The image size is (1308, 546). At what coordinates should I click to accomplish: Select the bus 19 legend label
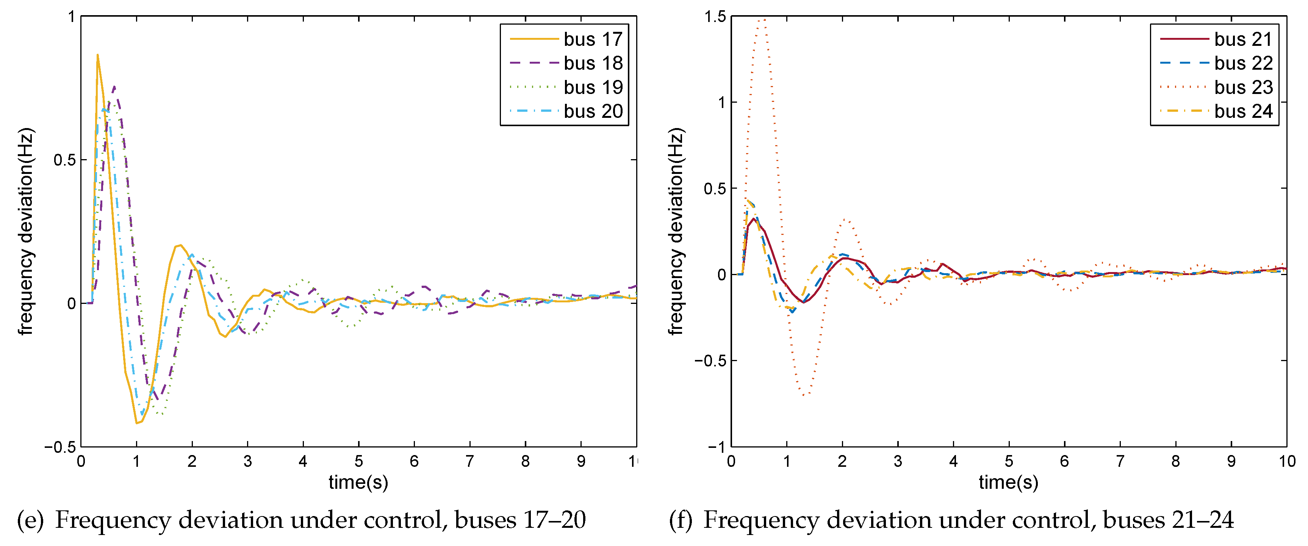[593, 88]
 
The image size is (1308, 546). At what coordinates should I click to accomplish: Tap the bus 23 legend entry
[1243, 88]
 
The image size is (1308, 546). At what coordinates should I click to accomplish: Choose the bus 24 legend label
[1243, 111]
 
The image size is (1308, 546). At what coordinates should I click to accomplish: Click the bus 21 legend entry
[1243, 39]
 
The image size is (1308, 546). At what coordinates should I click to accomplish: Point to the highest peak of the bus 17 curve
[97, 55]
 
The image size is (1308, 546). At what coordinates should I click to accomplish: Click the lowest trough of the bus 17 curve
[136, 422]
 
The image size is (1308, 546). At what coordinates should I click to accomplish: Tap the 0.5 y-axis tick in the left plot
[64, 160]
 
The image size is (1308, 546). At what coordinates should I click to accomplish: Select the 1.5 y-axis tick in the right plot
[715, 17]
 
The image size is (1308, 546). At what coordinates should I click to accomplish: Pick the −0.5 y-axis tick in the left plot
[60, 447]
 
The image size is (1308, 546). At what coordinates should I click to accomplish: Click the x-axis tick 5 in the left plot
[358, 461]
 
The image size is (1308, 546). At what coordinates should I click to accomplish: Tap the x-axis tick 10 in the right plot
[1287, 461]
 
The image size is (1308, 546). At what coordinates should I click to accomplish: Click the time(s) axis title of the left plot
[358, 482]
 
